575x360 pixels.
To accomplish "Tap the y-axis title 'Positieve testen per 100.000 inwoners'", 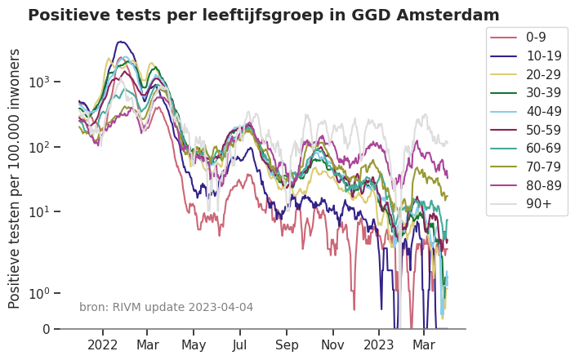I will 15,178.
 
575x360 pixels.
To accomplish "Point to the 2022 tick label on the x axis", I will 103,344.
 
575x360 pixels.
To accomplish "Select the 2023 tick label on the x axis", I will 378,344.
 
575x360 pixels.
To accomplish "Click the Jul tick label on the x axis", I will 240,344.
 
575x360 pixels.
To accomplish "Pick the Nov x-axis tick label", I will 332,344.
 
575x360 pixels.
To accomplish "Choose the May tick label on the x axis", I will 194,344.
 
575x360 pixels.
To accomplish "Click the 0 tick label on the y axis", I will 46,329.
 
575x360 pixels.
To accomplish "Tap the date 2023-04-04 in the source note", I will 221,307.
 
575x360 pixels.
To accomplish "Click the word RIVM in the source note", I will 123,307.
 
